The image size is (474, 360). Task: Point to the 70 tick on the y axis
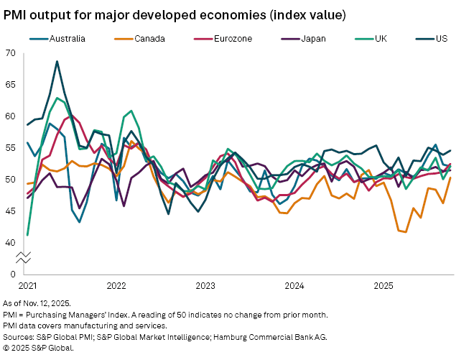point(10,53)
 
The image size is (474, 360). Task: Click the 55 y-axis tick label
point(10,147)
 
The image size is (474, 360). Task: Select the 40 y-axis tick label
point(10,242)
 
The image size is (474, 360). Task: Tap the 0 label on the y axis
point(13,274)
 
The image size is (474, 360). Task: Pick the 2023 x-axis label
point(205,285)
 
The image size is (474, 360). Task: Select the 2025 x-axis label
point(383,285)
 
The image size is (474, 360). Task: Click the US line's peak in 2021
point(57,62)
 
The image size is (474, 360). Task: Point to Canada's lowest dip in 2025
point(406,232)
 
